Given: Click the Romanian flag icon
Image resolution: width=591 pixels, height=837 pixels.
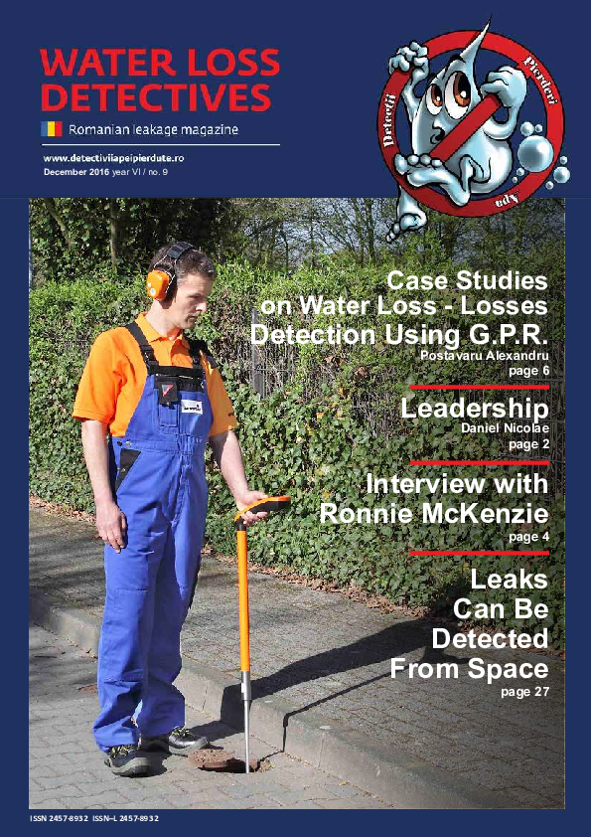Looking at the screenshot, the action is (x=52, y=128).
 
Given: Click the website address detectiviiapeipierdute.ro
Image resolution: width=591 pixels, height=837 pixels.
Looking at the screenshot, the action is (x=128, y=158).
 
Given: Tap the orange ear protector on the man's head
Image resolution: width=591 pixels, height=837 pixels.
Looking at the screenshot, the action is (x=160, y=282).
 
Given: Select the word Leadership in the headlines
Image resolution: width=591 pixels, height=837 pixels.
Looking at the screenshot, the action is (x=474, y=409).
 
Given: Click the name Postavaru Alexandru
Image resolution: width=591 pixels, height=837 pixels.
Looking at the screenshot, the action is (x=485, y=355).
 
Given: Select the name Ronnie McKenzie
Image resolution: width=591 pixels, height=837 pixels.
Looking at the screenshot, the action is (x=434, y=514).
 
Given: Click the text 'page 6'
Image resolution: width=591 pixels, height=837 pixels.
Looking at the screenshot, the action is (x=527, y=370).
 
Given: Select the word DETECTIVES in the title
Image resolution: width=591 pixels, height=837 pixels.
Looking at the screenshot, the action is (x=157, y=97).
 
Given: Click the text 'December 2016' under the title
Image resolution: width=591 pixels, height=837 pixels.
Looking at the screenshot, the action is (x=77, y=172).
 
